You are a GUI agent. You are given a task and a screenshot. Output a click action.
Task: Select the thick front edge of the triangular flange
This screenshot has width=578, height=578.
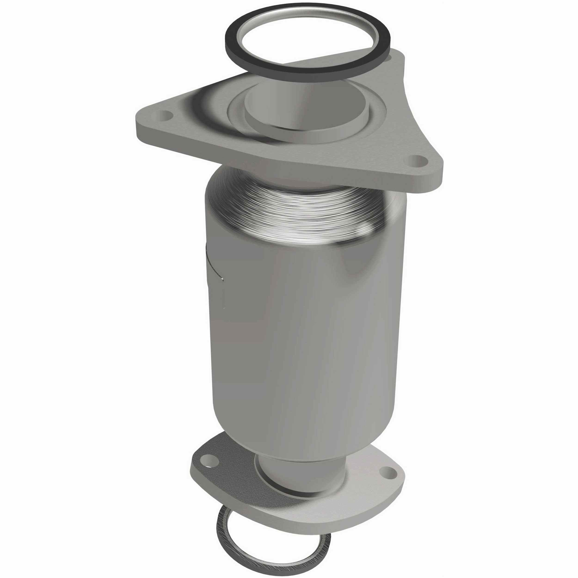pyautogui.click(x=269, y=168)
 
